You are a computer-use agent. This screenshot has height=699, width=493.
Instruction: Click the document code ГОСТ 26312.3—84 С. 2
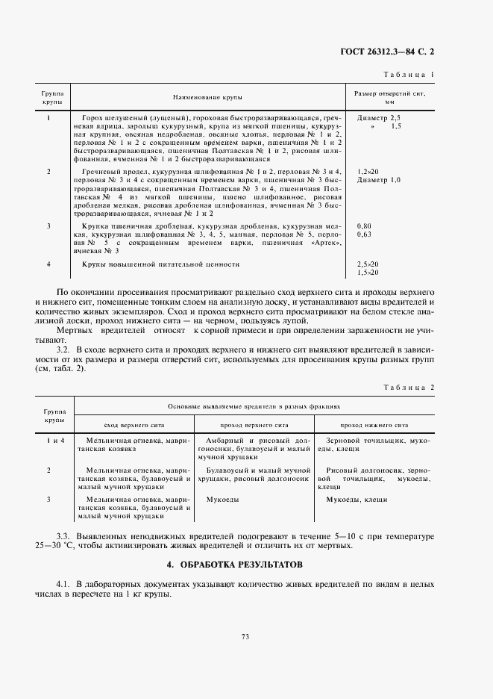[x=393, y=52]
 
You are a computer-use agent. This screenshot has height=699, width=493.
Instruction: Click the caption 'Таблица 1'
[x=409, y=75]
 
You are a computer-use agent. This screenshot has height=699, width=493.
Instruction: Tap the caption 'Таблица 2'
[x=408, y=388]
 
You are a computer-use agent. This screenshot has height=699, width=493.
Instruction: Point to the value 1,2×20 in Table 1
[x=368, y=171]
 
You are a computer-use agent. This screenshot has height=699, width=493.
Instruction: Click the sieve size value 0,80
[x=364, y=225]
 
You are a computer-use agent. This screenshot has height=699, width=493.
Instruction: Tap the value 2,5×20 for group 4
[x=368, y=264]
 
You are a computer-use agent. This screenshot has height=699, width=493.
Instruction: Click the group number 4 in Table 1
[x=49, y=264]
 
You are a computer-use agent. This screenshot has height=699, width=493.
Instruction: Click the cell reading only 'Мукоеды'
[x=222, y=498]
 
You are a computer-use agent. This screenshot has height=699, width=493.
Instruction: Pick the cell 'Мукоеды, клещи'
[x=349, y=498]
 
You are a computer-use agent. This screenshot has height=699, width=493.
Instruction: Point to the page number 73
[x=245, y=636]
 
